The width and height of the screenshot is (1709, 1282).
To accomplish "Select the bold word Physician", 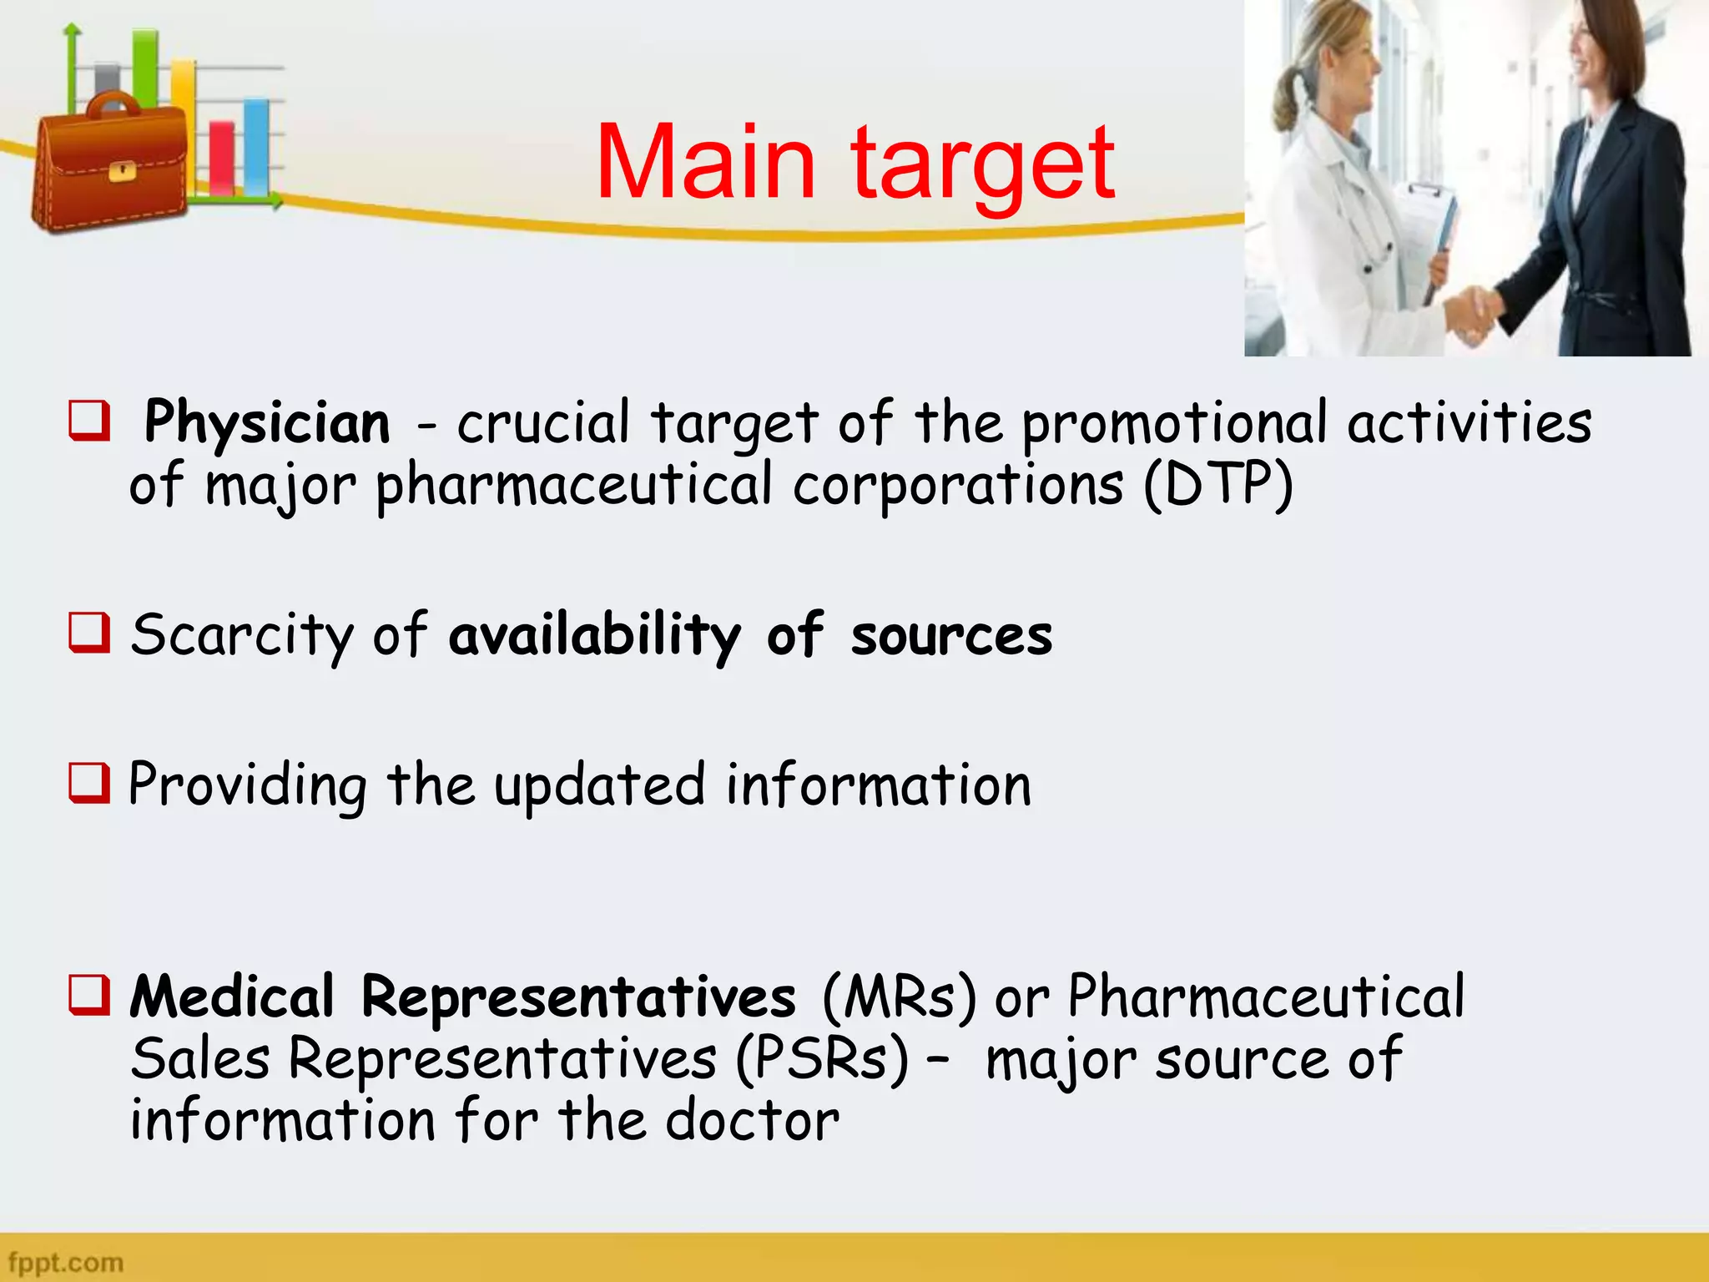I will coord(267,424).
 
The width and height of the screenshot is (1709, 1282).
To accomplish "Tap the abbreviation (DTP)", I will coord(1218,485).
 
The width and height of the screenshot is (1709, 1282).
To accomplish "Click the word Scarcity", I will coord(242,636).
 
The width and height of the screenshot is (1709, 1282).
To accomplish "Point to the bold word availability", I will coord(594,636).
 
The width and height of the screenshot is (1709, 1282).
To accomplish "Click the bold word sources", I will coord(951,636).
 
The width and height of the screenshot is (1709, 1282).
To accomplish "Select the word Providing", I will coord(247,786).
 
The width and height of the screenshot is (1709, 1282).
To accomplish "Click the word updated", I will coord(599,786).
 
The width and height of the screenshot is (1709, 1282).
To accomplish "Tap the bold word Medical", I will coord(232,997).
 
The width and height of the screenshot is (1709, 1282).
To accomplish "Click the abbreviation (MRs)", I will coord(899,997).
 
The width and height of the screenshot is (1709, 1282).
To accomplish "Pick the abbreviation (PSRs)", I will coord(822,1058).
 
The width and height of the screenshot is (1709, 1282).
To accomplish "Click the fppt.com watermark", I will coord(65,1262).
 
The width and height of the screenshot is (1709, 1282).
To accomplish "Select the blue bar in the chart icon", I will coord(256,147).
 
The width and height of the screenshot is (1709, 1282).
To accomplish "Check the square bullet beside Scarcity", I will coord(89,633).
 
